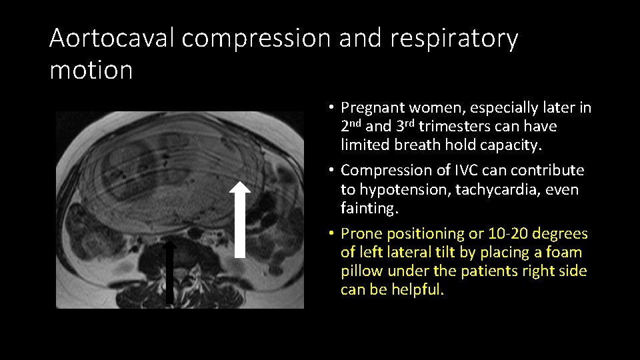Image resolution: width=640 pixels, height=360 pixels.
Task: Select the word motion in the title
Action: (x=91, y=69)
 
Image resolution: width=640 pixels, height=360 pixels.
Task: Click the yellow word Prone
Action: (x=361, y=233)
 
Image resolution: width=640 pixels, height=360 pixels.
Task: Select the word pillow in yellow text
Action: (x=361, y=271)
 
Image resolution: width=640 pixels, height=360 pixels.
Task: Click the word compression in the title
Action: (x=257, y=39)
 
